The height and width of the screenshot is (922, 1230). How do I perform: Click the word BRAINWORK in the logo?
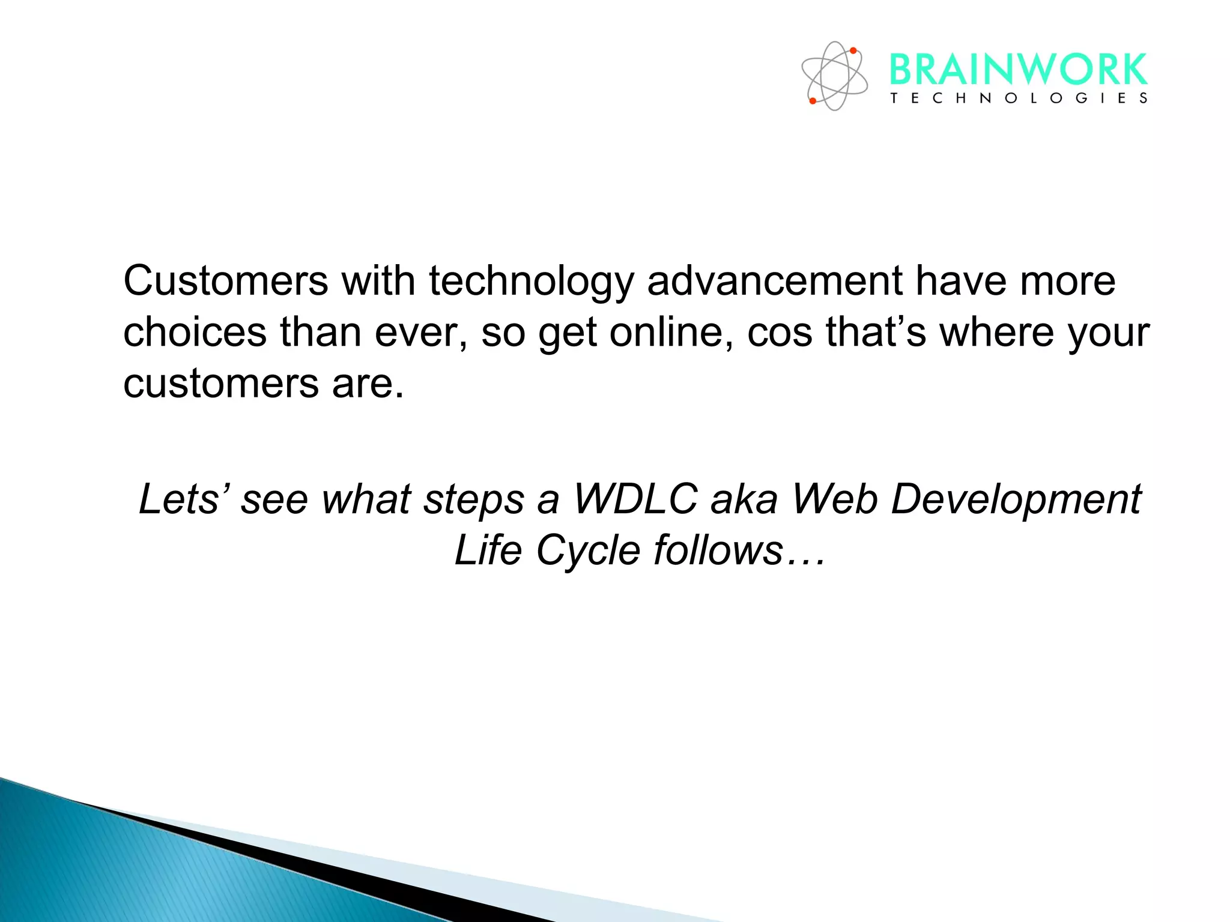(1017, 70)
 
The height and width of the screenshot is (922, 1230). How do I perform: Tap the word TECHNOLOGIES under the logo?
(1019, 98)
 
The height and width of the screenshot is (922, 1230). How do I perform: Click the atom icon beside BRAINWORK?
(834, 76)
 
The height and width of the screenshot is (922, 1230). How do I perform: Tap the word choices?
(195, 332)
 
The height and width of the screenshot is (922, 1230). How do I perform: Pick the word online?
(671, 332)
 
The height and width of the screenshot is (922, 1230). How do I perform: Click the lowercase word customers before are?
(220, 384)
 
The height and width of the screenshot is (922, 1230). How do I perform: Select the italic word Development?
(1016, 500)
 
